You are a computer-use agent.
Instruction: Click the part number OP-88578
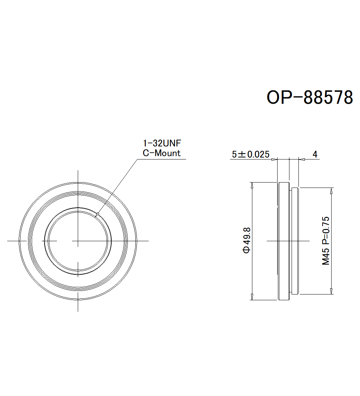pos(310,97)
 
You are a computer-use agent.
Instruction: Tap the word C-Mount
pos(162,153)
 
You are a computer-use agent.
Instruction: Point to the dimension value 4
pos(315,154)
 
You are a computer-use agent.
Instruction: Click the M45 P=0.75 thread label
pos(326,240)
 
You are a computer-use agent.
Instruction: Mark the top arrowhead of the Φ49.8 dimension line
pos(252,185)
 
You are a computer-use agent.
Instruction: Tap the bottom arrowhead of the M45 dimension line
pos(331,291)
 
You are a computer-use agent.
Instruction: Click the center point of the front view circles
pos(78,240)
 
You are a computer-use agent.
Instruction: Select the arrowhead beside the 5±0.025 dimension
pos(274,159)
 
